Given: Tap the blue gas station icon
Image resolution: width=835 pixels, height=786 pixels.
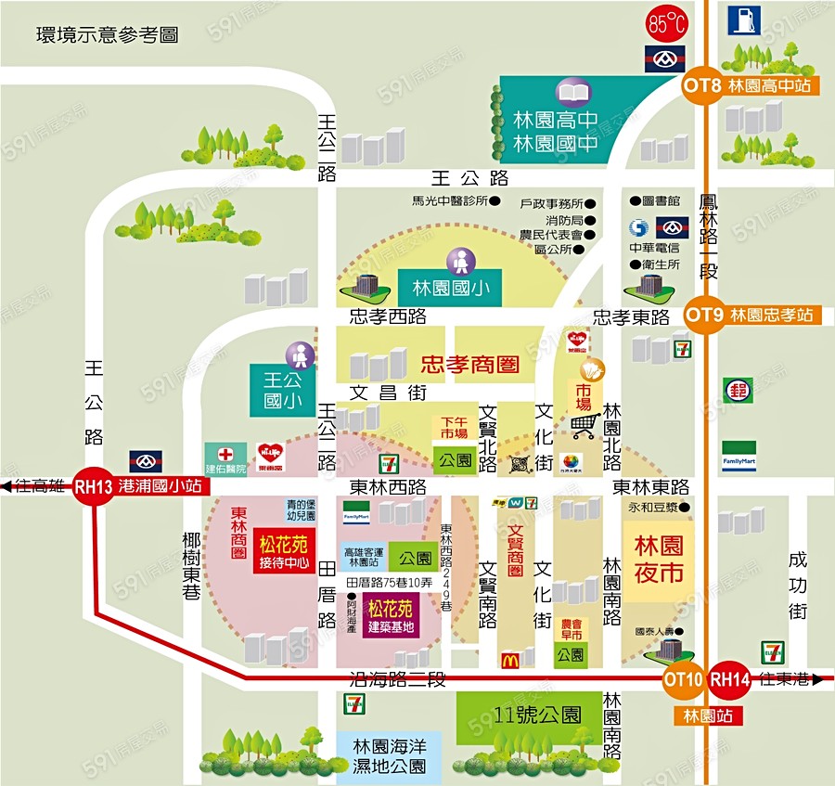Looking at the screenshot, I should [741, 19].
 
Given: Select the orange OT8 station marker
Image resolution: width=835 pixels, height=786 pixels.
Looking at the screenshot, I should [702, 85].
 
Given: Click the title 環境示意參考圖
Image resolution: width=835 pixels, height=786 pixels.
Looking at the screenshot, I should [107, 35].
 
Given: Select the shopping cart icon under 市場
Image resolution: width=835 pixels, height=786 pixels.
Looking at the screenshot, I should [584, 426].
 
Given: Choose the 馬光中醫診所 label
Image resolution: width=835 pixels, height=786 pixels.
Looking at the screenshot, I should [450, 200].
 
